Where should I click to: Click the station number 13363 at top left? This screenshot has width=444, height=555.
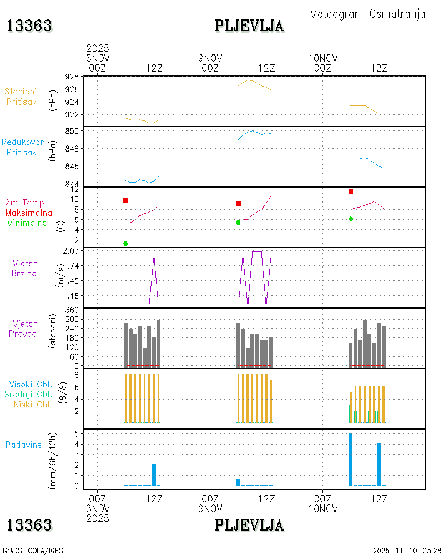pos(29,26)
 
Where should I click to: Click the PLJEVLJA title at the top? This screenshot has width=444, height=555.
pos(249,26)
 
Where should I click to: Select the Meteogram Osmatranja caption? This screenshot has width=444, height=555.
pos(367,14)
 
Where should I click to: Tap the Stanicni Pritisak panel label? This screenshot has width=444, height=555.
pos(21,97)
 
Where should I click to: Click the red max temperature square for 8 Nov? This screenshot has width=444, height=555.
pos(126,200)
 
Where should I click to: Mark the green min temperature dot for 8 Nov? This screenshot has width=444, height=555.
pos(126,244)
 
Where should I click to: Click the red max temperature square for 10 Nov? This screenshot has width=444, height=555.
pos(351,191)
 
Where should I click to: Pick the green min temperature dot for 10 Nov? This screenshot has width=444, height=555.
pos(351,219)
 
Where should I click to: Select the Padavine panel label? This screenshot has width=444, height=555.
pos(23,445)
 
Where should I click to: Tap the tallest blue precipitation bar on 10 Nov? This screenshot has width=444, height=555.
pos(351,459)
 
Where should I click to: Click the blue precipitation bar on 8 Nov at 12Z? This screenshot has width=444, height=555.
pos(154,475)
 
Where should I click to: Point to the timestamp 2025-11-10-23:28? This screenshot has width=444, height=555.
pos(407,551)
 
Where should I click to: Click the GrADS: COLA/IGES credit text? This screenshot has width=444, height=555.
pos(33,551)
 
